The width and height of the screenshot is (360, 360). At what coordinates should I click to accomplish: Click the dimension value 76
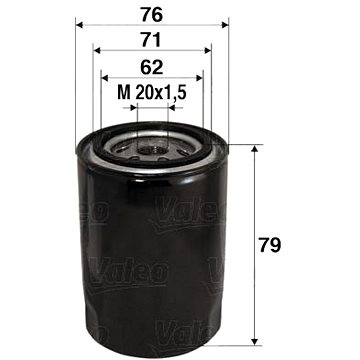(152, 15)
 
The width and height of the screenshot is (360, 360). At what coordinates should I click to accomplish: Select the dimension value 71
(151, 40)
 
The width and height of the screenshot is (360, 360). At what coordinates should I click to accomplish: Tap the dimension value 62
(152, 68)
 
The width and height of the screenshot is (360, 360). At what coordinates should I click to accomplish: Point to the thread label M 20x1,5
(151, 93)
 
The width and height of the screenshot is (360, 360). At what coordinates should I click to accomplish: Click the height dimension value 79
(270, 246)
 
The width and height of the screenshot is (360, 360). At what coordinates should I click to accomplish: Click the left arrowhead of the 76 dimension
(79, 25)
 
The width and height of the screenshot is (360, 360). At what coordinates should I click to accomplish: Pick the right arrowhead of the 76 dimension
(225, 25)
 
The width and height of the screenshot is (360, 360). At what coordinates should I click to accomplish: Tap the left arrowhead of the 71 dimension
(97, 50)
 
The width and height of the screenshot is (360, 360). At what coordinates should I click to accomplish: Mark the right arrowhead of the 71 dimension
(208, 50)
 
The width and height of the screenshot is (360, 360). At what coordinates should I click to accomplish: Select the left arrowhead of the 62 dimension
(105, 78)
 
